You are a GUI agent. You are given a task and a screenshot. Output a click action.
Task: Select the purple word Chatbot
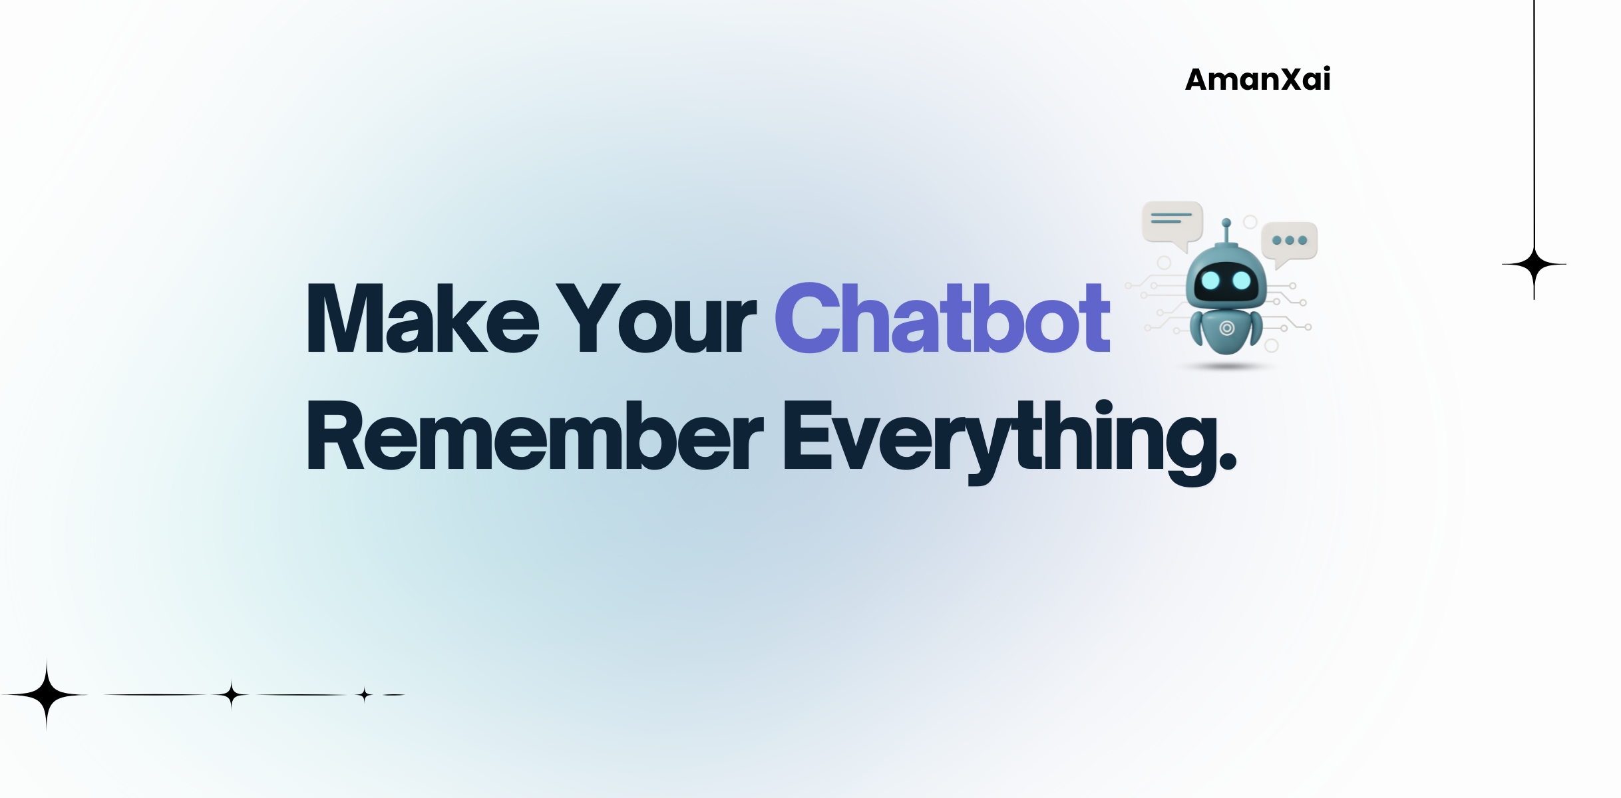point(942,318)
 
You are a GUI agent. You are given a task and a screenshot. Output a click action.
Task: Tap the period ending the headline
point(1226,459)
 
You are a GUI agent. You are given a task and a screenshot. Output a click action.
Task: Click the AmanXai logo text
point(1258,80)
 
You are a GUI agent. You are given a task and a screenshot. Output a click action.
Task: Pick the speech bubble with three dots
point(1290,241)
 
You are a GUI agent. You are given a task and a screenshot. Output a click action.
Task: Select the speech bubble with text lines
point(1172,222)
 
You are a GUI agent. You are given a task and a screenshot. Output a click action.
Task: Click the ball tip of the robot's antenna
point(1226,223)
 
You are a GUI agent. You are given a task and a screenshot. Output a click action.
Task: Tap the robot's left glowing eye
point(1210,280)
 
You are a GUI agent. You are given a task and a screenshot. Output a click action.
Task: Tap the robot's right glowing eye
point(1242,280)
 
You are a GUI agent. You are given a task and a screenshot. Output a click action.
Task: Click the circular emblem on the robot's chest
point(1226,328)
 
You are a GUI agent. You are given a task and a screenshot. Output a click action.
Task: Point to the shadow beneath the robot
point(1226,366)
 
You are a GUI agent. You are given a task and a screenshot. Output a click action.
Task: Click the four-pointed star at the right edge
point(1534,265)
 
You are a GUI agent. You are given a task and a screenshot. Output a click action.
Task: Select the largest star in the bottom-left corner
point(47,695)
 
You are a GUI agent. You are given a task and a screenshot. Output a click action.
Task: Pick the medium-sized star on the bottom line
point(231,695)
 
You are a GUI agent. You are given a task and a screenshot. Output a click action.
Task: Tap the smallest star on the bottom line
point(364,695)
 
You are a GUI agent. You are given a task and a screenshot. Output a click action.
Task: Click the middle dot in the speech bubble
point(1290,241)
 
